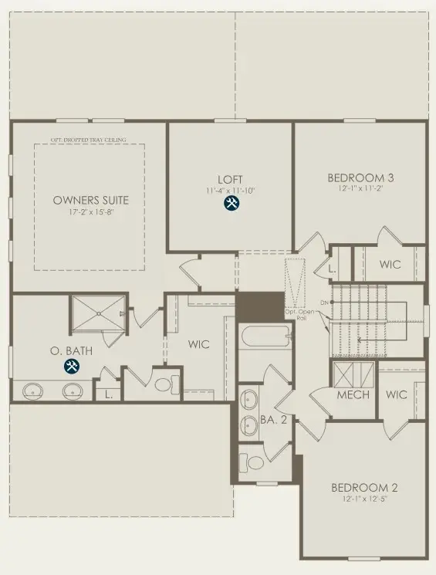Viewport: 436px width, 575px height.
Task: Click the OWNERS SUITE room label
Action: click(x=90, y=200)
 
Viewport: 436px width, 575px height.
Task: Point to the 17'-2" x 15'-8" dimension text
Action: click(x=90, y=212)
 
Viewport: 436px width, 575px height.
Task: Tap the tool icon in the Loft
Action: click(x=231, y=203)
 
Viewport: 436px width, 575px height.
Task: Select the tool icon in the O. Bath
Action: click(x=71, y=367)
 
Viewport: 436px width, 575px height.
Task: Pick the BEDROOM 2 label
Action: click(x=364, y=487)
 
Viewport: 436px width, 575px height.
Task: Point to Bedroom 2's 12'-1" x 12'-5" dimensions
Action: click(x=364, y=499)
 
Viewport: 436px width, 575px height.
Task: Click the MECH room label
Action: click(x=354, y=394)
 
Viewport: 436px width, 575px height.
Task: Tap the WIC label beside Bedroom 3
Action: click(x=390, y=265)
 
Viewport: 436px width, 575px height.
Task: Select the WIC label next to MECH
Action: click(x=397, y=394)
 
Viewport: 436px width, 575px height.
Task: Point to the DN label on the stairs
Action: click(x=325, y=302)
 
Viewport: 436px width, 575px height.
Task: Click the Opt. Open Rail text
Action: click(x=297, y=314)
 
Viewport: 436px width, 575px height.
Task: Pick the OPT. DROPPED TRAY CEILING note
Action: click(x=90, y=140)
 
